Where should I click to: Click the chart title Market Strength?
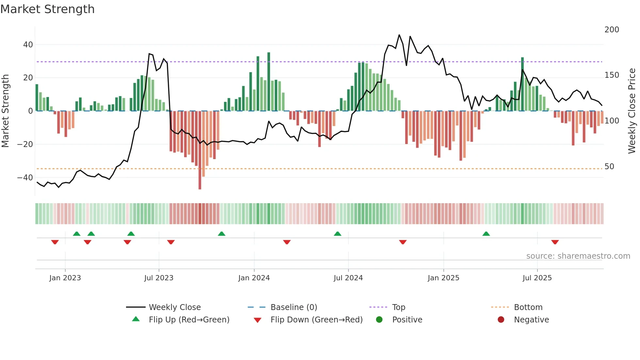pos(47,9)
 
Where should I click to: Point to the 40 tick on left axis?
pos(28,44)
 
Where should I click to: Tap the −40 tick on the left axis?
pos(25,178)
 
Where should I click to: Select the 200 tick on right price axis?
pos(612,30)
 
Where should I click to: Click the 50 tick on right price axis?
pos(609,167)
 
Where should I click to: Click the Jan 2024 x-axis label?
pos(254,278)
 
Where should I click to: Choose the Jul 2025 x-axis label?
pos(537,278)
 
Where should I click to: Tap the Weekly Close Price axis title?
pos(632,111)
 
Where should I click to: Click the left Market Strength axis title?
pos(5,111)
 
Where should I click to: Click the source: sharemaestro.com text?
pos(578,256)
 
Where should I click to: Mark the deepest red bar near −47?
pos(200,150)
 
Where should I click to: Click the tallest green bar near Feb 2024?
pos(269,82)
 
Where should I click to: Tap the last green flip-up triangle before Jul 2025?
pos(486,234)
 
